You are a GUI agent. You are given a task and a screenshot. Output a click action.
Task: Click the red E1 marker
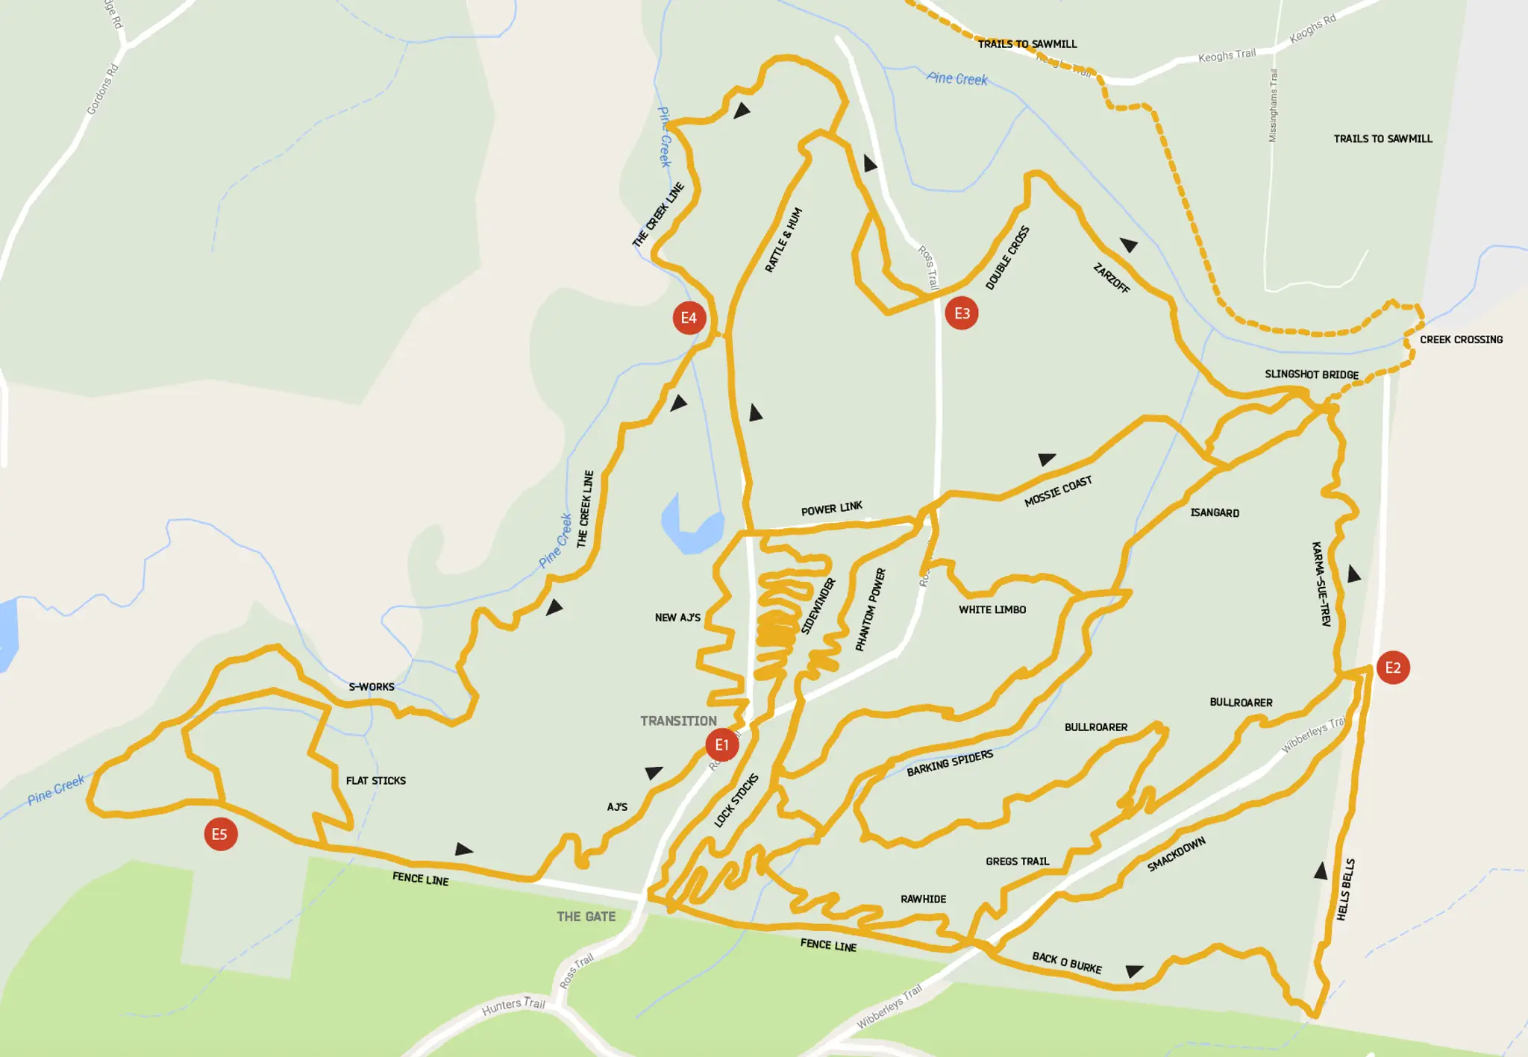pos(721,744)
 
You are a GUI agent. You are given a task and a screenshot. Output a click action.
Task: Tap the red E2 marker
pos(1393,668)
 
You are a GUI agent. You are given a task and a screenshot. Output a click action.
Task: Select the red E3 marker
pos(962,313)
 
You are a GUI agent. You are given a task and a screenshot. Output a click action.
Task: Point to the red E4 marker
pos(689,319)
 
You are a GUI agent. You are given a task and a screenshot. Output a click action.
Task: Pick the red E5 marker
pos(220,834)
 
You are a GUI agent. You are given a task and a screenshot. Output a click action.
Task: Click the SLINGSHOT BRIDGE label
pos(1311,374)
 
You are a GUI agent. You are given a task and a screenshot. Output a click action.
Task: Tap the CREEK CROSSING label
pos(1461,339)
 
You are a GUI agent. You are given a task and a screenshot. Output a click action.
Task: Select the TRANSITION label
pos(678,721)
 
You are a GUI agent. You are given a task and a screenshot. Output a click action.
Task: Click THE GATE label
pos(586,917)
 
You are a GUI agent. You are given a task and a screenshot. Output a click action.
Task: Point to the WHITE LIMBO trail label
pos(992,609)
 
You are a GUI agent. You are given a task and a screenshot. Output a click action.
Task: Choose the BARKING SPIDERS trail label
pos(950,763)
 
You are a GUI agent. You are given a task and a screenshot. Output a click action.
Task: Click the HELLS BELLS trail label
pos(1346,889)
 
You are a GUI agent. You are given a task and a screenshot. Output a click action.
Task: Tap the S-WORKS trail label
pos(372,686)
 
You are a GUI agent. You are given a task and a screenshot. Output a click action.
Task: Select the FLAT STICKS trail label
pos(376,780)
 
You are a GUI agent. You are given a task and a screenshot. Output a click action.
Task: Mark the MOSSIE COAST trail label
pos(1058,492)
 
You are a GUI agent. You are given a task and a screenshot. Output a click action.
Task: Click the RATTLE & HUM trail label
pos(783,239)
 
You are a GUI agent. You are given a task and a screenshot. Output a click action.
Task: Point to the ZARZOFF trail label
pos(1112,278)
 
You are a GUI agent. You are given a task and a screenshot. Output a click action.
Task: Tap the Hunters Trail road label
pos(513,1006)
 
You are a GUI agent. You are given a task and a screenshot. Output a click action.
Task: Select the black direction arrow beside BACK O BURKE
pos(1134,970)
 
